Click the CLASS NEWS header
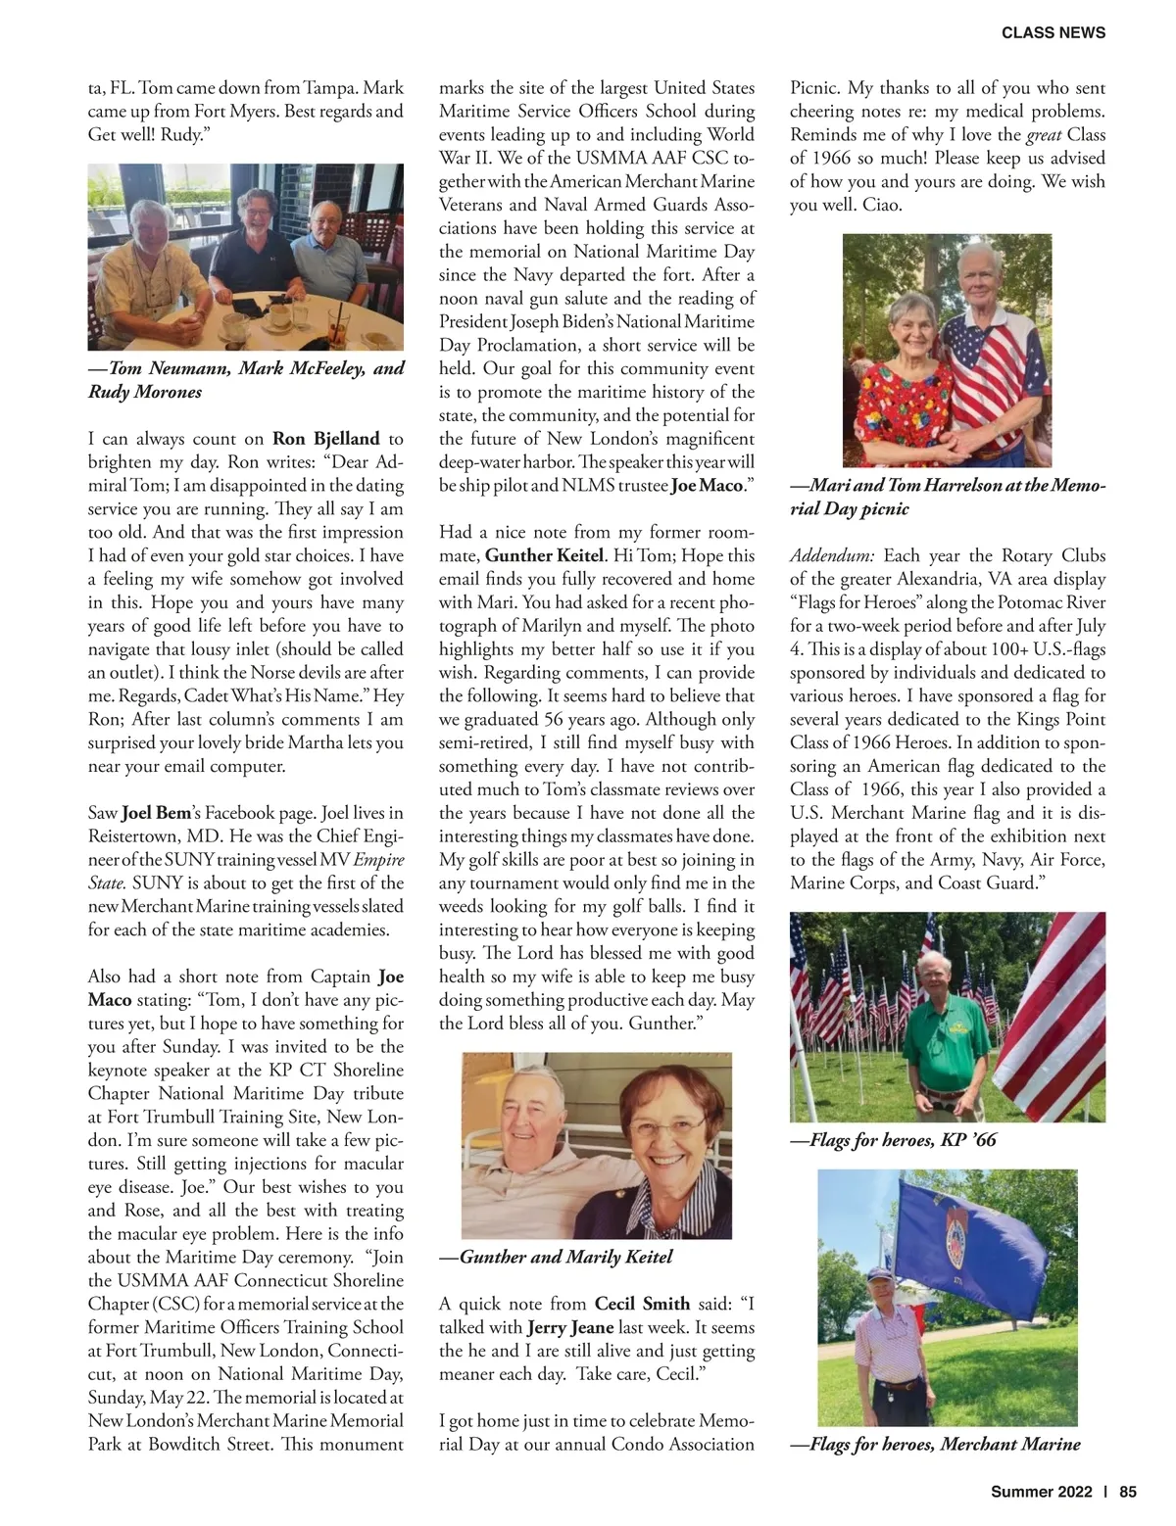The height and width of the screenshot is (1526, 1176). click(x=1053, y=32)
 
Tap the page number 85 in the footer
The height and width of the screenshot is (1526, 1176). click(x=1127, y=1492)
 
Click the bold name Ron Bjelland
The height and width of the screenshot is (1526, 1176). click(x=325, y=438)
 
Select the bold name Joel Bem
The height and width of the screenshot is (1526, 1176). click(x=156, y=812)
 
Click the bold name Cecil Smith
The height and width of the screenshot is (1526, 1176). click(x=642, y=1303)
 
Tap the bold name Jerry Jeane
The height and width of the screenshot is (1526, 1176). click(x=570, y=1327)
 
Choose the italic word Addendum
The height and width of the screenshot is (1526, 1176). click(x=832, y=555)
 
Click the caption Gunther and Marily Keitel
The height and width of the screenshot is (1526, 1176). click(x=556, y=1256)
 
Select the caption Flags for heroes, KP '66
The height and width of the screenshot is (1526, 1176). click(x=893, y=1139)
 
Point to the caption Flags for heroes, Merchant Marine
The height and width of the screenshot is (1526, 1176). click(x=935, y=1443)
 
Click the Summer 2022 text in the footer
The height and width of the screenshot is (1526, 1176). click(x=1041, y=1492)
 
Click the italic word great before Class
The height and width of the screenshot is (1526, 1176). click(x=1044, y=134)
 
